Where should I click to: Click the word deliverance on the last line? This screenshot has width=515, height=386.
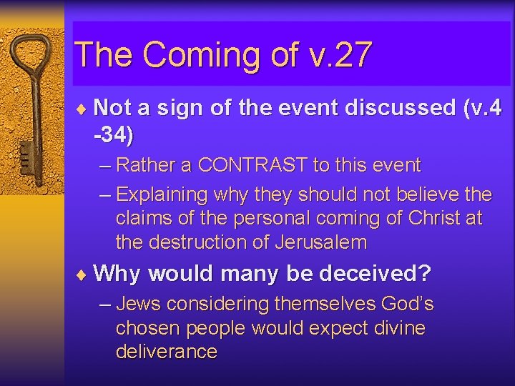166,352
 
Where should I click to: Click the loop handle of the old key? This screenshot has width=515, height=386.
34,54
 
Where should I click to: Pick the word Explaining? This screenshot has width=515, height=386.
162,194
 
